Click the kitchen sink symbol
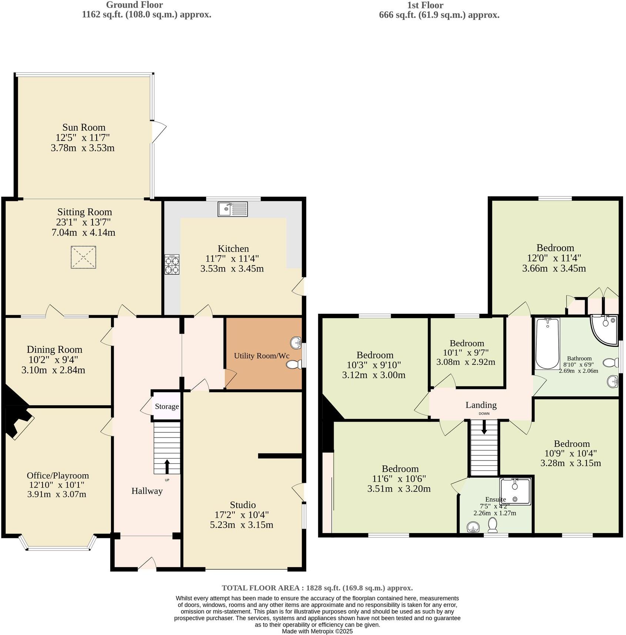click(232, 209)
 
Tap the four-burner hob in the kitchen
click(172, 265)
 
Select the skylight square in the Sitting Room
click(83, 257)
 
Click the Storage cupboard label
click(167, 406)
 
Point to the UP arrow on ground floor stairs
click(167, 466)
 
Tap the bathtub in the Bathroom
click(547, 343)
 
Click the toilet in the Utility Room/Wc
click(294, 365)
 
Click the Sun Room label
click(84, 127)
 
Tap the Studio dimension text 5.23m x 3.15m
click(241, 525)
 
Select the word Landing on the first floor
click(481, 405)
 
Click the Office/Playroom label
click(58, 475)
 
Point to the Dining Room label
click(54, 349)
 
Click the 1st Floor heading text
click(425, 5)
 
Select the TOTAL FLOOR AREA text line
click(317, 588)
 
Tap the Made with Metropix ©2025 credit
click(317, 631)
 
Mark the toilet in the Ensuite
click(492, 525)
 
